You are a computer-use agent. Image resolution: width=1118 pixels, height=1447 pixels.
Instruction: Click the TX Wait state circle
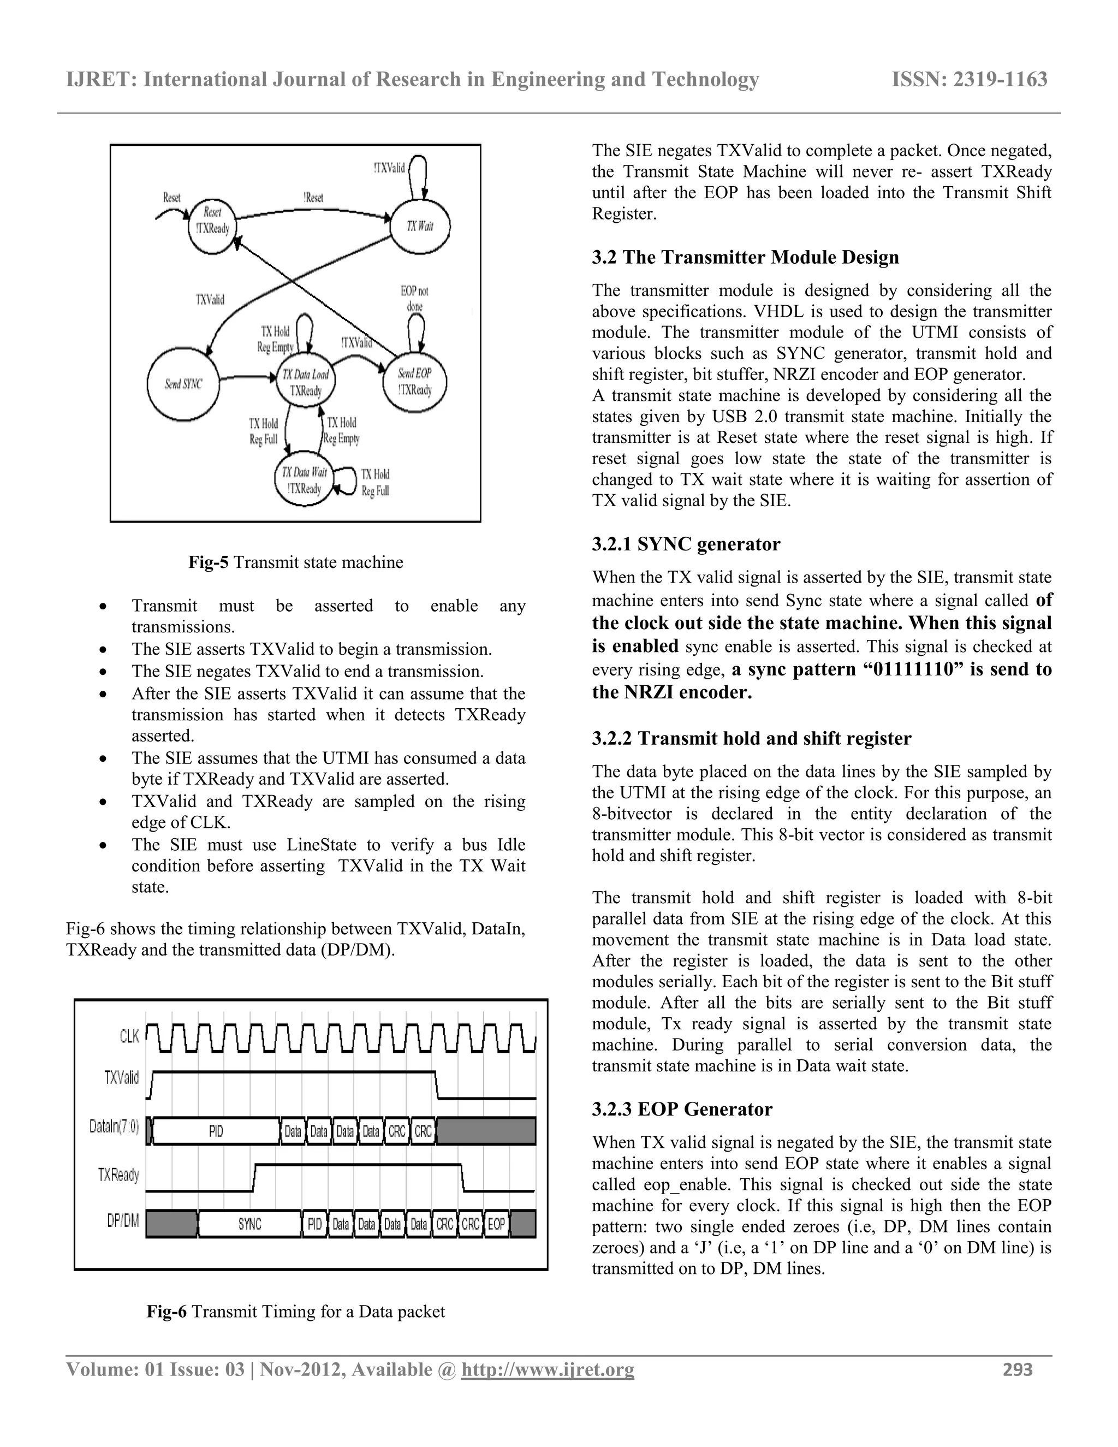(420, 226)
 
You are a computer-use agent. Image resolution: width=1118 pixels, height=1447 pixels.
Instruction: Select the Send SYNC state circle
(183, 384)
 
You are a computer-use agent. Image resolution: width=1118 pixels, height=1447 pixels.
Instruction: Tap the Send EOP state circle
(415, 382)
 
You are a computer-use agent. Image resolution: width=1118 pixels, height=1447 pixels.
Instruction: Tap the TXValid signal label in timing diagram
(122, 1078)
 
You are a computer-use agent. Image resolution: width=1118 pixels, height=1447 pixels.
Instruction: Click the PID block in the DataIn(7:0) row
(216, 1131)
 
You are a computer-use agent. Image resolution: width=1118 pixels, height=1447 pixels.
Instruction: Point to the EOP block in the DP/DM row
(496, 1224)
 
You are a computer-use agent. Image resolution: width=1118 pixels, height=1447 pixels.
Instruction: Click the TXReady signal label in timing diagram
(118, 1175)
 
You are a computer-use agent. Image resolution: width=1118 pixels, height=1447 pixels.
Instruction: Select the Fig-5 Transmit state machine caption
(295, 562)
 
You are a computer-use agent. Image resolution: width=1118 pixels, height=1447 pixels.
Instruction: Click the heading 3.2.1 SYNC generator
(686, 544)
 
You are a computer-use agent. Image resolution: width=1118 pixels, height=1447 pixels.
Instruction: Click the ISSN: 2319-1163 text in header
(969, 80)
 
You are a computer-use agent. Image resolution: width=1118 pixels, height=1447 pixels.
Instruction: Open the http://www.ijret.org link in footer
(547, 1369)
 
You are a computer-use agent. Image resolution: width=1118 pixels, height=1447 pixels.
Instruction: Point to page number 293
(1018, 1369)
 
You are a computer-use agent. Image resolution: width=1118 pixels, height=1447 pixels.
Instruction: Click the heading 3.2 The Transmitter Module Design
(745, 257)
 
